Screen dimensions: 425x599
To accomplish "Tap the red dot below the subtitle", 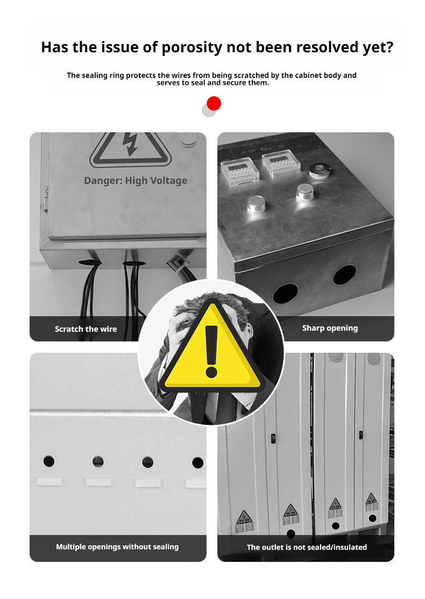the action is pos(214,104).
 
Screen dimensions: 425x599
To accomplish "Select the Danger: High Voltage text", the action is pos(136,180).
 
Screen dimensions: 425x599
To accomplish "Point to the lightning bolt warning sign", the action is pos(130,148).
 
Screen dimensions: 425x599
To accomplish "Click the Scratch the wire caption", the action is pos(86,329).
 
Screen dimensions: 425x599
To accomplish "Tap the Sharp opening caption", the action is pos(330,328).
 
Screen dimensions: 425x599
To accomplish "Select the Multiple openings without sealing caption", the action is pos(117,547).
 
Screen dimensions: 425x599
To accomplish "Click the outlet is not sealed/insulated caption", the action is pos(307,547).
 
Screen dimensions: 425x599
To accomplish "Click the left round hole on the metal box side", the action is pos(285,294).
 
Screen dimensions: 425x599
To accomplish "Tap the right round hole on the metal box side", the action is pos(344,275).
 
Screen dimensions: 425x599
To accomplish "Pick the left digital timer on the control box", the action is pos(239,172).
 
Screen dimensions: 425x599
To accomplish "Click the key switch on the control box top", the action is pos(320,170).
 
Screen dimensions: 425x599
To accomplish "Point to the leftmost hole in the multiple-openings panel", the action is pos(48,461).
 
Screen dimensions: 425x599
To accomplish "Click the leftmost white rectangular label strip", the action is pos(49,481).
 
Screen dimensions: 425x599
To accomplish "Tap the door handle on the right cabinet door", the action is pos(361,435).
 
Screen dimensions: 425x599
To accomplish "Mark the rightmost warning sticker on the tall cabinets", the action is pos(372,502).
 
